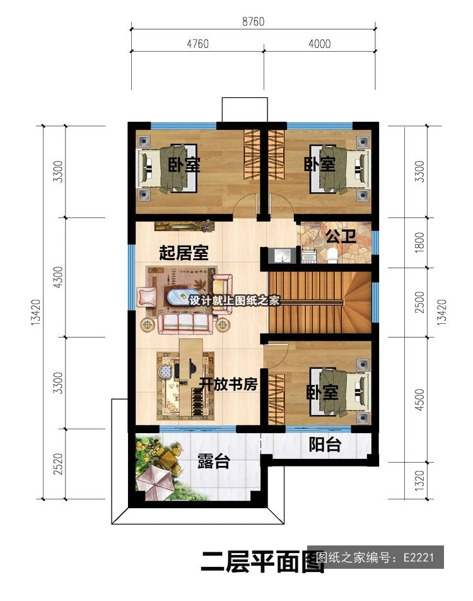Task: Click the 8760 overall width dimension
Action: pos(253,21)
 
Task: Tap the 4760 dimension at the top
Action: pos(197,44)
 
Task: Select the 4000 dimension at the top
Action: pos(319,44)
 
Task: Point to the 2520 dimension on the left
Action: pos(58,464)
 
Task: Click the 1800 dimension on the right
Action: pos(420,242)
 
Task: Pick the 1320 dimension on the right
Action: pos(420,480)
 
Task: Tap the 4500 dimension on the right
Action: pos(420,400)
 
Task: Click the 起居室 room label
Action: pos(184,253)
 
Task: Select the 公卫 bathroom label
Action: pos(341,237)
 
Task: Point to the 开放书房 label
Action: pos(228,384)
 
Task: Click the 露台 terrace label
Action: pos(214,461)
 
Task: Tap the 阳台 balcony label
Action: pos(325,444)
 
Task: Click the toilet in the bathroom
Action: pos(332,256)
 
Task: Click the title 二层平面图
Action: pos(263,562)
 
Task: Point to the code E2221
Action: pos(418,557)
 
